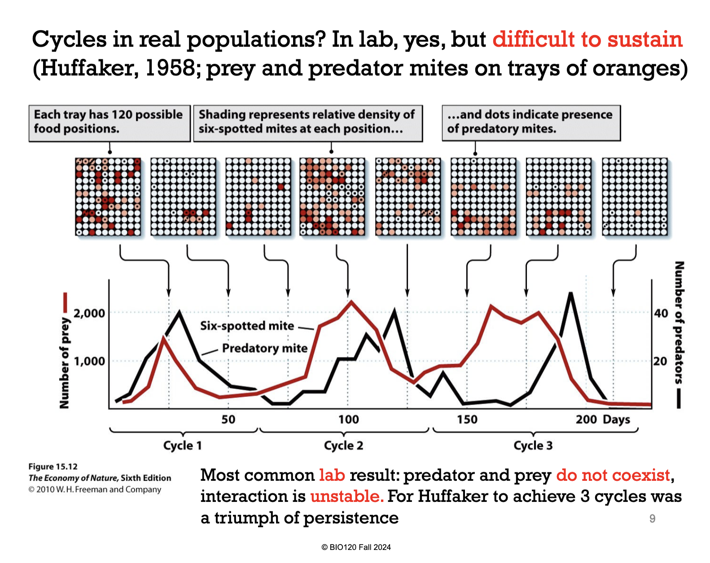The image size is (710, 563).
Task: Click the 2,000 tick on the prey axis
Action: (89, 313)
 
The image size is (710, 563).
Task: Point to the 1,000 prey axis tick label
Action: (89, 361)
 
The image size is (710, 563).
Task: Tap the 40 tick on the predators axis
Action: (661, 313)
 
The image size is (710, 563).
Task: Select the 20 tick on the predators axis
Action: (660, 361)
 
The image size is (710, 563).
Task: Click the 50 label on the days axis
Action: (228, 419)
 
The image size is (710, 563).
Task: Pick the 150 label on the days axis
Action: (467, 419)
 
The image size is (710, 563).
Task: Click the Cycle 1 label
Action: (182, 445)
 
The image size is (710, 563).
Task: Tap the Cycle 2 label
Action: (343, 445)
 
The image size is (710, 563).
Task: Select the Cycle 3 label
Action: (533, 445)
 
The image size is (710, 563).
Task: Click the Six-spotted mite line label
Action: (247, 325)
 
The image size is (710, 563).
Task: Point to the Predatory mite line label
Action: (265, 348)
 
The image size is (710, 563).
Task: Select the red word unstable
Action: (346, 496)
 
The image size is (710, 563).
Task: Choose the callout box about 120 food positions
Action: (110, 123)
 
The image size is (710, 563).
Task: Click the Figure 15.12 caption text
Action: (53, 466)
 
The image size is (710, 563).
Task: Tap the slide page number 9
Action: (652, 519)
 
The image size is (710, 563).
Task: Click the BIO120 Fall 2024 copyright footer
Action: (356, 547)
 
